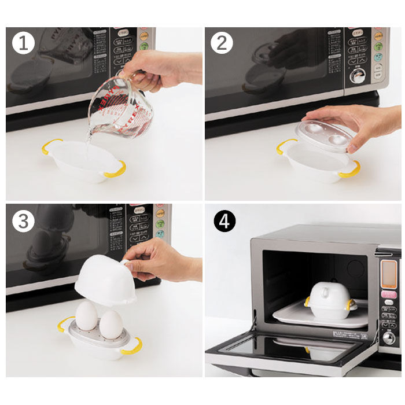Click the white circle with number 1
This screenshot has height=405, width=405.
coord(23,43)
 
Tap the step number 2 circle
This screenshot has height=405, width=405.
coord(222,43)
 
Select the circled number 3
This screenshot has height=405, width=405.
coord(23,221)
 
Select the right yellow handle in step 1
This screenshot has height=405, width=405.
coord(115,169)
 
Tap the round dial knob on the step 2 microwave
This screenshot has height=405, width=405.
coord(358,76)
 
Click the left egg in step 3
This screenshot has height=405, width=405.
coord(86,315)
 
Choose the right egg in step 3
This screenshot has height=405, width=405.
coord(111,325)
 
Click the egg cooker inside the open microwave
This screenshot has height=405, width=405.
coord(329,300)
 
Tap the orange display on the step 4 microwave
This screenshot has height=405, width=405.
coord(389,272)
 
